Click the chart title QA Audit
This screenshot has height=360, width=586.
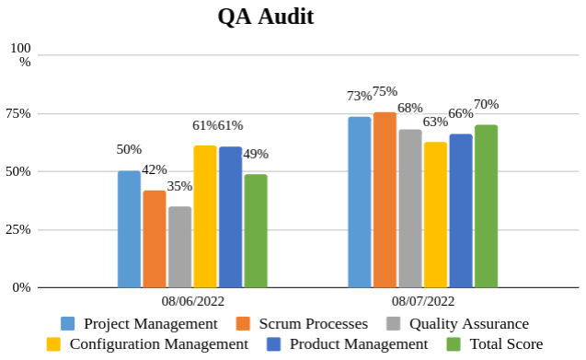265,17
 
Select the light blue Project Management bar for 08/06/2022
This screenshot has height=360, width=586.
129,229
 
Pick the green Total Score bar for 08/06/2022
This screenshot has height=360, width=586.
256,231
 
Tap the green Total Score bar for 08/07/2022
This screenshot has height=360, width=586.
486,206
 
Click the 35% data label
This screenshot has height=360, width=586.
179,186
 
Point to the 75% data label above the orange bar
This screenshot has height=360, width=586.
385,91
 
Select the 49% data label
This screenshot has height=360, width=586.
256,154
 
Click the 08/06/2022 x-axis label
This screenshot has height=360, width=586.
193,300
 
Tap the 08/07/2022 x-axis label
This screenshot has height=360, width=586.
423,300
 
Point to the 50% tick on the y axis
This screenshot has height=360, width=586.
18,171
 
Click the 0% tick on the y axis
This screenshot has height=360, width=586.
21,287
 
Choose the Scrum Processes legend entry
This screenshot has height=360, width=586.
313,323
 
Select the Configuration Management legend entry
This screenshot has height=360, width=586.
158,343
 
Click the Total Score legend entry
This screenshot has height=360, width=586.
506,343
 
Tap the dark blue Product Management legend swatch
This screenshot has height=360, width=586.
272,343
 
